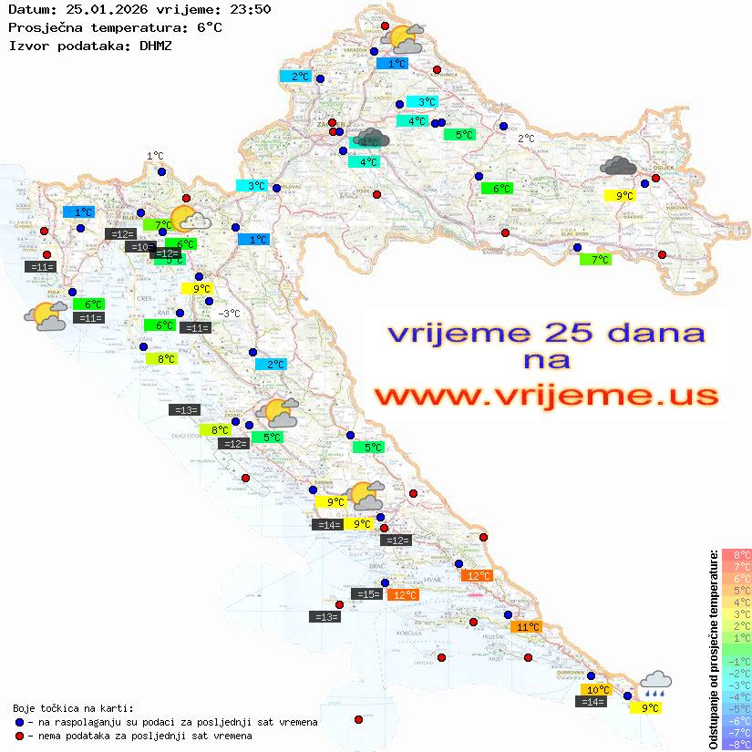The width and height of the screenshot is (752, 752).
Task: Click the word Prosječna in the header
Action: click(x=45, y=27)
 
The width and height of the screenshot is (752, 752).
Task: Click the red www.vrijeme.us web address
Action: click(x=545, y=396)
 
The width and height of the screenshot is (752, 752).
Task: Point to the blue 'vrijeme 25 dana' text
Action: click(x=545, y=334)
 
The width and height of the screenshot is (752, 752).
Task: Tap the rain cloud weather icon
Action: click(x=655, y=683)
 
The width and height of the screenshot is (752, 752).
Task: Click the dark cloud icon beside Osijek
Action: click(x=619, y=166)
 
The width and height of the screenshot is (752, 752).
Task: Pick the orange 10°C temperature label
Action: click(x=596, y=690)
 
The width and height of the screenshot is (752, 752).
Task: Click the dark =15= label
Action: click(x=368, y=594)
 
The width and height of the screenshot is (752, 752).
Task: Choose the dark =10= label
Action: click(x=139, y=247)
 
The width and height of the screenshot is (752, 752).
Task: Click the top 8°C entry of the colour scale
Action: click(x=736, y=554)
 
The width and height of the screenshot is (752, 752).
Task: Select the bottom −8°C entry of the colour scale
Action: click(x=736, y=745)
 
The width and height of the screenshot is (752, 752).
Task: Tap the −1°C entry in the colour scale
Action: click(x=736, y=661)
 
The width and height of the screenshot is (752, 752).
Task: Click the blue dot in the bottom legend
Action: click(x=20, y=722)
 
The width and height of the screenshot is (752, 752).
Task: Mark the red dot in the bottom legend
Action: click(x=20, y=736)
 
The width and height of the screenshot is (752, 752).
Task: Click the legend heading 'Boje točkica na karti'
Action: click(x=73, y=707)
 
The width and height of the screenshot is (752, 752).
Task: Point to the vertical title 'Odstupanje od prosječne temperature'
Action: click(x=713, y=649)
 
